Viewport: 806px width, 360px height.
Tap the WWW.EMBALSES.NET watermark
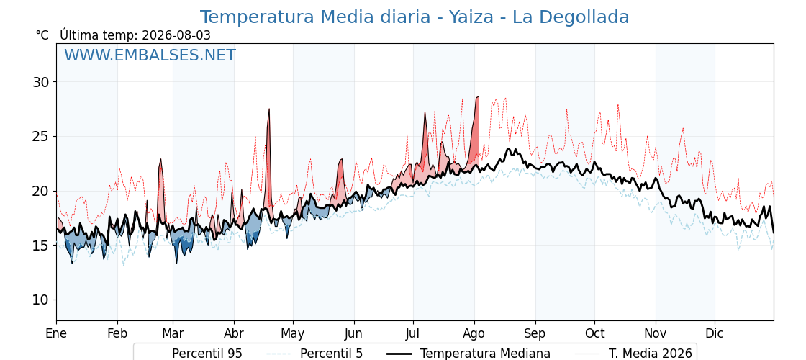[150, 55]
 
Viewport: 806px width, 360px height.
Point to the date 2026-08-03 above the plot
[176, 35]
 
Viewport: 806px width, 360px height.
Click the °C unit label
[42, 35]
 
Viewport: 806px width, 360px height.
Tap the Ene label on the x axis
[56, 334]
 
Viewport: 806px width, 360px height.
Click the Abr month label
[234, 334]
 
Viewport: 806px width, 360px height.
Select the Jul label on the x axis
[413, 334]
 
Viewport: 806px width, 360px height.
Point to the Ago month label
[474, 334]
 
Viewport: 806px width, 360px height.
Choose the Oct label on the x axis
[594, 334]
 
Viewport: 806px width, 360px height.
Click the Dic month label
[715, 334]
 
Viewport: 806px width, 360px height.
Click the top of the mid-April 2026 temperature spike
[269, 109]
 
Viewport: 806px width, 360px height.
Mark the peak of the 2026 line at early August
[478, 96]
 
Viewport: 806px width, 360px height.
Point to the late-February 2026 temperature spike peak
[161, 159]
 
